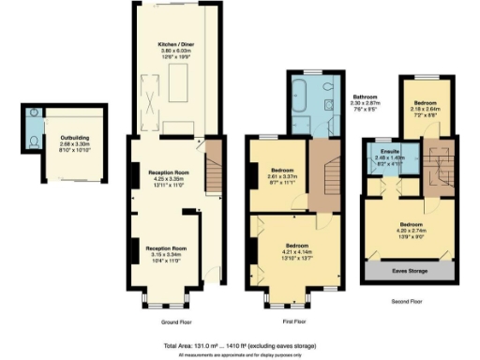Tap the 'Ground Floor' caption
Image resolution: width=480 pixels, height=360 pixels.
[179, 321]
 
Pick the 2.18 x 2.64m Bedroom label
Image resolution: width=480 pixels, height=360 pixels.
[425, 108]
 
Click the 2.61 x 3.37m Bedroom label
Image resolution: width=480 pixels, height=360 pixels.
[278, 173]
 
